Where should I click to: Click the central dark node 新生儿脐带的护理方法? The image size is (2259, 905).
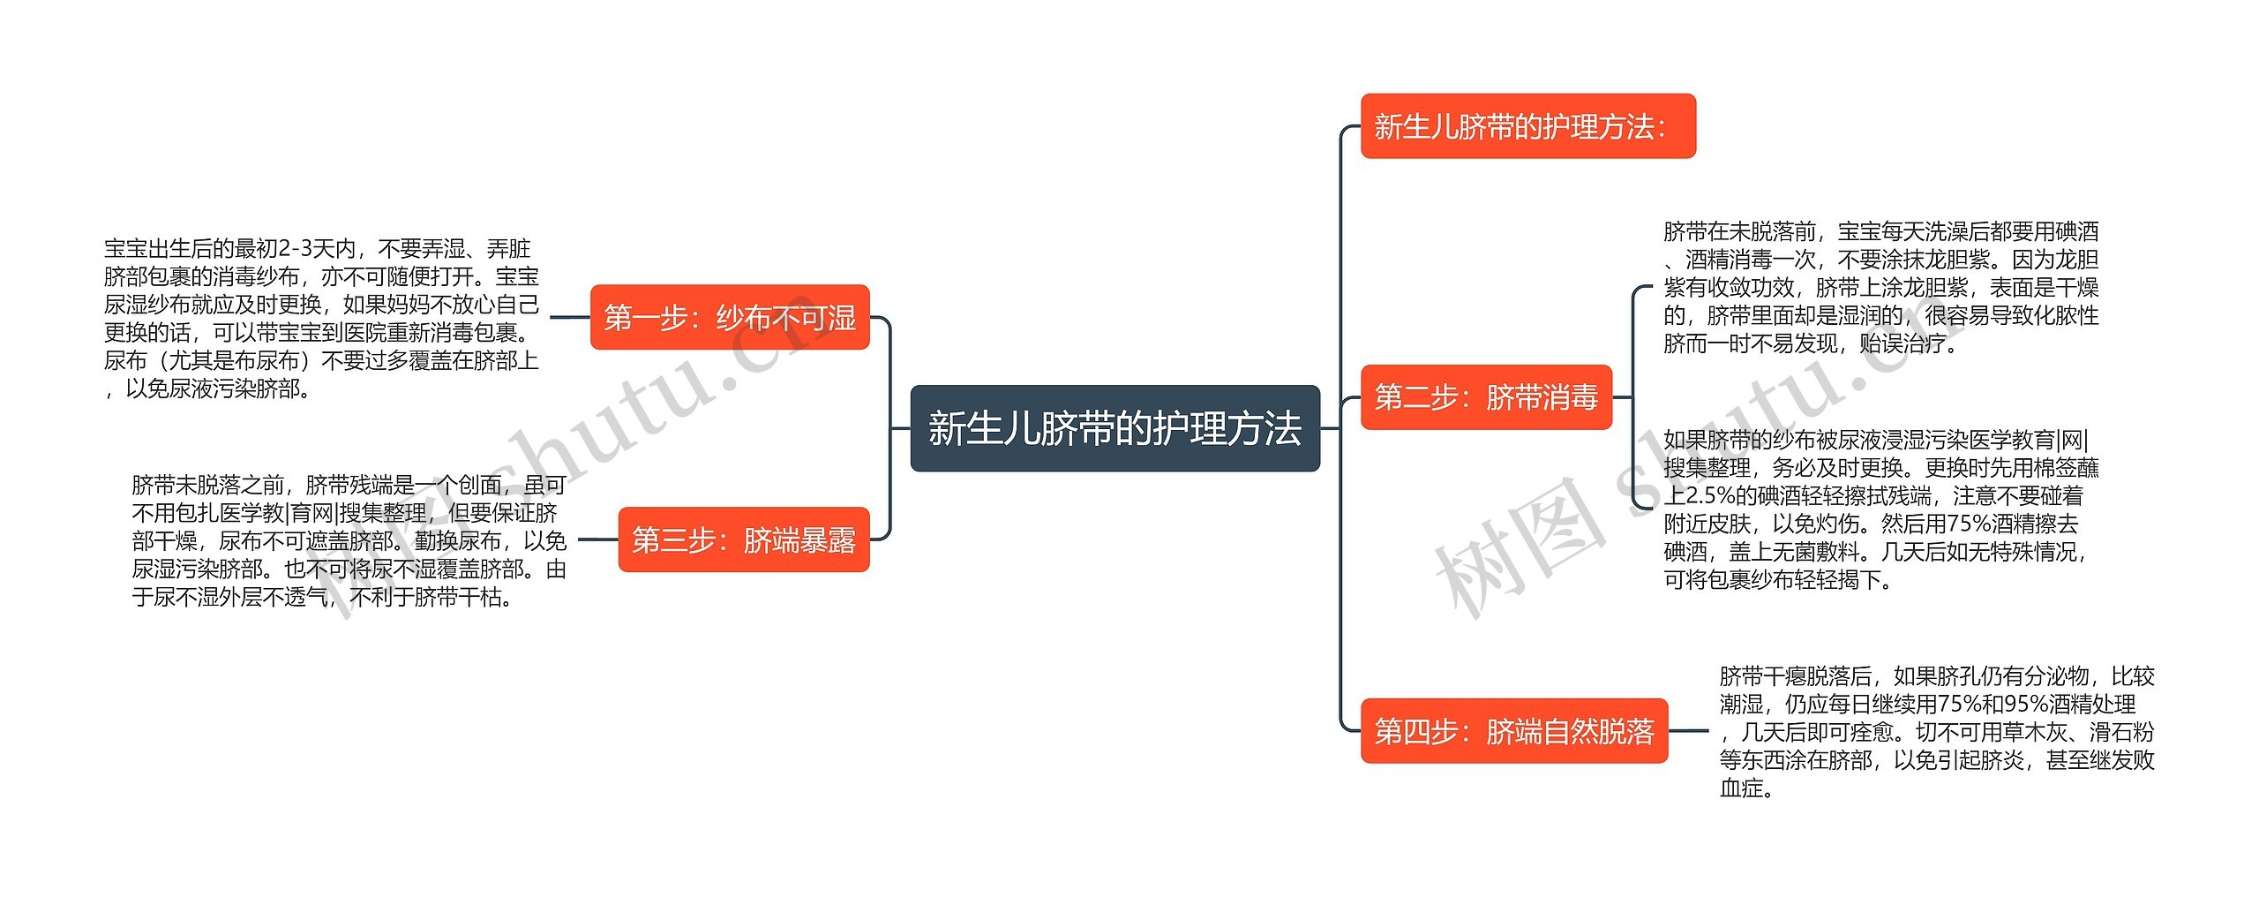[1114, 428]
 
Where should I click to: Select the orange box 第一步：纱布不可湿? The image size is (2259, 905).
[730, 317]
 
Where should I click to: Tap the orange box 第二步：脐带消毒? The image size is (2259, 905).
[1486, 397]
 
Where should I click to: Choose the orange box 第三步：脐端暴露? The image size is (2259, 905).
[744, 539]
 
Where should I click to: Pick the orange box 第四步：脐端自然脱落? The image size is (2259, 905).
[1514, 731]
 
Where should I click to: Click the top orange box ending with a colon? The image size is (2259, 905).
[1527, 126]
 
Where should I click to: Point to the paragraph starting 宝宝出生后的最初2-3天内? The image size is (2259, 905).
[321, 318]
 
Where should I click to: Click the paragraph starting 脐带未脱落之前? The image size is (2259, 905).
[349, 540]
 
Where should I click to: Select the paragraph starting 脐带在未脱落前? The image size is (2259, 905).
[1880, 288]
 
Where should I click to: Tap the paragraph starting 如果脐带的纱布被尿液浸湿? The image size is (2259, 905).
[1880, 509]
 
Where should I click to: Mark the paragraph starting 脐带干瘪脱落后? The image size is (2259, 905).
[1936, 732]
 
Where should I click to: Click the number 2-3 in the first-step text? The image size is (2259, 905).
[296, 250]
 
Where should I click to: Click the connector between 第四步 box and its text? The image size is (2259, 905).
[1689, 731]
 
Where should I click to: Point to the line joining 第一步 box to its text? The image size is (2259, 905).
[570, 317]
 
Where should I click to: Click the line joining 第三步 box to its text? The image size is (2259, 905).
[597, 539]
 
